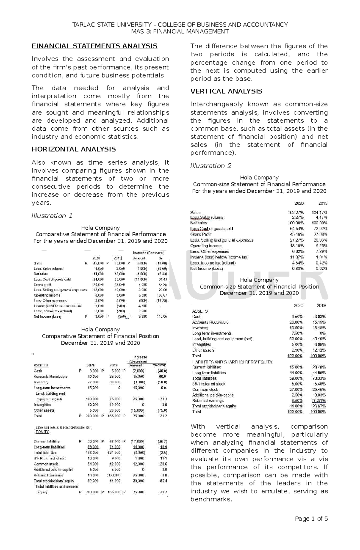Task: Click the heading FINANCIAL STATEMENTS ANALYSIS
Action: tap(94, 46)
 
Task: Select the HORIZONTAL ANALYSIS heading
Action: tap(74, 149)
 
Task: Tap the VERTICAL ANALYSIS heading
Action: tap(226, 91)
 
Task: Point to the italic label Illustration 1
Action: tap(52, 216)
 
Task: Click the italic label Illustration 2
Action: tap(211, 166)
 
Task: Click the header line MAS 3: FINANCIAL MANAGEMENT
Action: tap(180, 31)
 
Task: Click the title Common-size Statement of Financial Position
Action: tap(259, 287)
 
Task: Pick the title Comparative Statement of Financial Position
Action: tap(100, 336)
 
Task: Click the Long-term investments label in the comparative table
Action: tap(52, 388)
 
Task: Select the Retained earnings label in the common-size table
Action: tap(208, 400)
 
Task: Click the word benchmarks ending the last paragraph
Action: tap(211, 499)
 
